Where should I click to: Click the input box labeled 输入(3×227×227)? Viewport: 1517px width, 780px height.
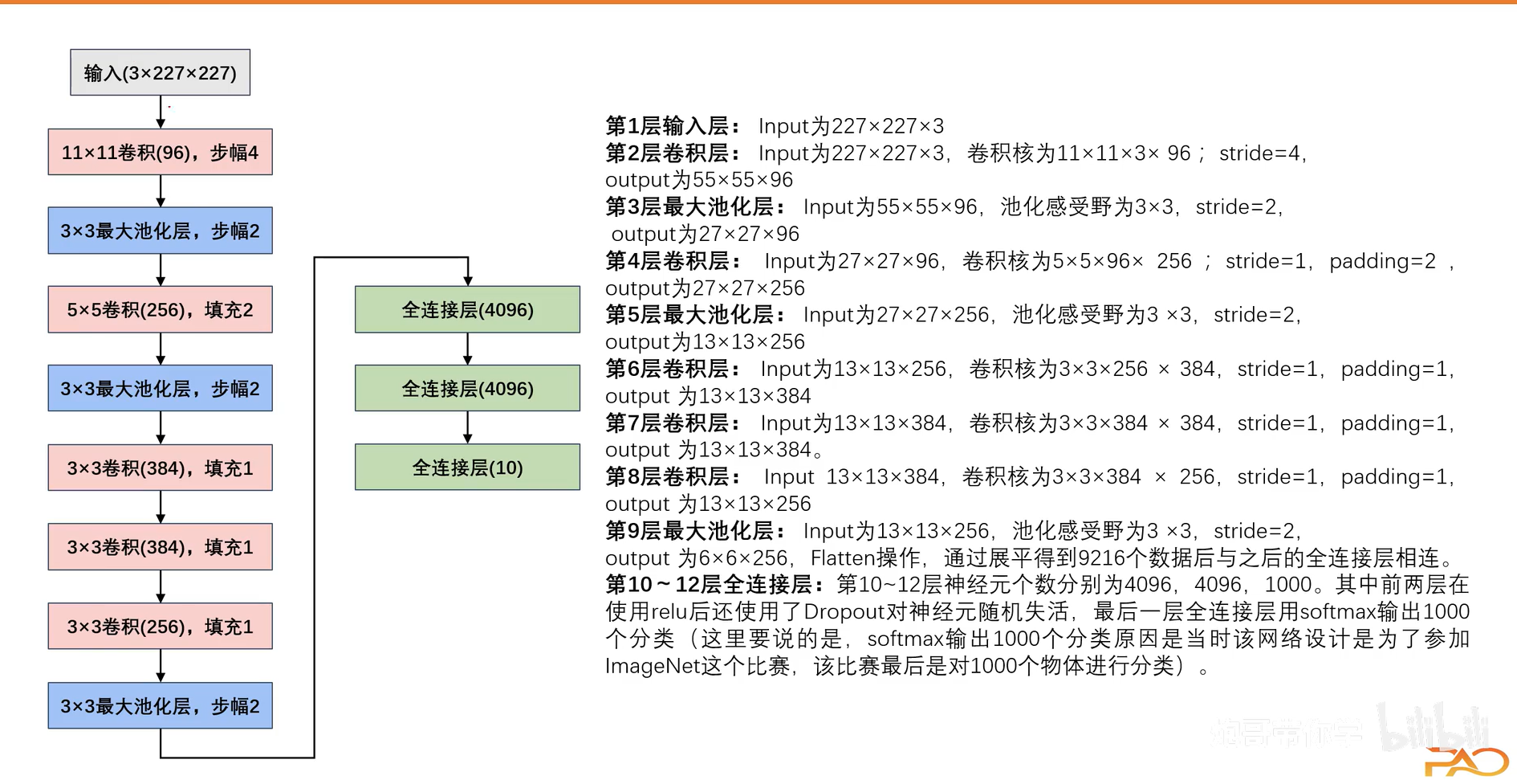click(x=160, y=73)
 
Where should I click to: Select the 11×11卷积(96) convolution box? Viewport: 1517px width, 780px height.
click(x=160, y=152)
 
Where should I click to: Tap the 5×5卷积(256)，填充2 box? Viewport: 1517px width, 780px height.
click(x=160, y=309)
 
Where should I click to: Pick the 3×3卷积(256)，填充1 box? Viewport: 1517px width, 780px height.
click(x=160, y=626)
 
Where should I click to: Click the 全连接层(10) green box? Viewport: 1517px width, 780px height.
click(x=467, y=468)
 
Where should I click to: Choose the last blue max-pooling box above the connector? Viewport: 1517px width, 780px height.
click(x=160, y=705)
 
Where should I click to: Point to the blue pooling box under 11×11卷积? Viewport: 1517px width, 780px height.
click(x=160, y=231)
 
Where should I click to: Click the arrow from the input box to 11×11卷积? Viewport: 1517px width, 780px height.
click(x=161, y=112)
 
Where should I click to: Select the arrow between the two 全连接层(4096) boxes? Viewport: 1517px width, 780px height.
click(x=468, y=349)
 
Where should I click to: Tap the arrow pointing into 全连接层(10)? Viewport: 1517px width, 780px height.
click(x=468, y=427)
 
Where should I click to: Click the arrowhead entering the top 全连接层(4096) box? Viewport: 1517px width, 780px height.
click(x=468, y=279)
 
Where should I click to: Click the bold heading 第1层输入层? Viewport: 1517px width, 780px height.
click(x=667, y=126)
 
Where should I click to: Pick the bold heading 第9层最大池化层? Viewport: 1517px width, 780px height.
click(x=690, y=531)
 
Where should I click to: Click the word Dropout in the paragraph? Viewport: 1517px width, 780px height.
click(x=844, y=612)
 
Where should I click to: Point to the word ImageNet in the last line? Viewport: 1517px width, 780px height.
click(x=653, y=666)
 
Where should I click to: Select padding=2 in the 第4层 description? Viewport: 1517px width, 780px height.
click(x=1382, y=261)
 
